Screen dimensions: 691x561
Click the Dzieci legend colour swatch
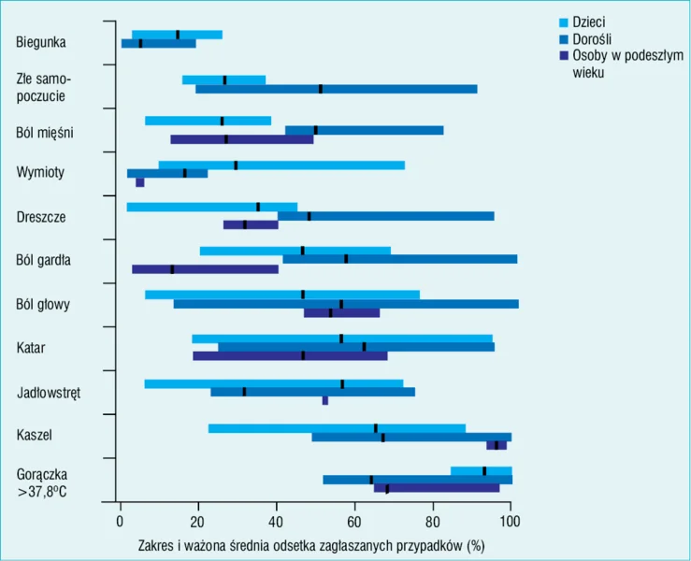click(x=564, y=22)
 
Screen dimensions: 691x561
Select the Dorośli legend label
click(x=592, y=39)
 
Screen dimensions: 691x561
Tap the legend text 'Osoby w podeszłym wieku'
click(x=628, y=64)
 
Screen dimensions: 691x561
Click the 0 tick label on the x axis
click(x=120, y=522)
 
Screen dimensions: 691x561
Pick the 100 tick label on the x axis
click(x=510, y=522)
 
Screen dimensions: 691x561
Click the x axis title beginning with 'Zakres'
click(x=311, y=546)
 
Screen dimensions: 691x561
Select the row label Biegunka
click(x=41, y=42)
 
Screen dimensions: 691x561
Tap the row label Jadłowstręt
click(x=49, y=392)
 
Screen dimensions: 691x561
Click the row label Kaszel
click(x=35, y=435)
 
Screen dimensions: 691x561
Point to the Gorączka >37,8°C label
click(x=42, y=483)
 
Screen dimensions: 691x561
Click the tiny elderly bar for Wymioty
click(x=139, y=182)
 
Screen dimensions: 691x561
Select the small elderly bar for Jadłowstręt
click(x=325, y=400)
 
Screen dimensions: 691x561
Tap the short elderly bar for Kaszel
click(x=497, y=445)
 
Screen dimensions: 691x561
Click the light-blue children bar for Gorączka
click(x=482, y=471)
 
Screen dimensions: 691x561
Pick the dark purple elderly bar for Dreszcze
click(x=251, y=224)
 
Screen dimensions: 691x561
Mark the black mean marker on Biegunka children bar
click(x=178, y=35)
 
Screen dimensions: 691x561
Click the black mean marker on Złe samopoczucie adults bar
click(x=321, y=89)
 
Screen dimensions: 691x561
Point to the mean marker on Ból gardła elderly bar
click(x=172, y=269)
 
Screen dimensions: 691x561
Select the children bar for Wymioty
click(x=281, y=165)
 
